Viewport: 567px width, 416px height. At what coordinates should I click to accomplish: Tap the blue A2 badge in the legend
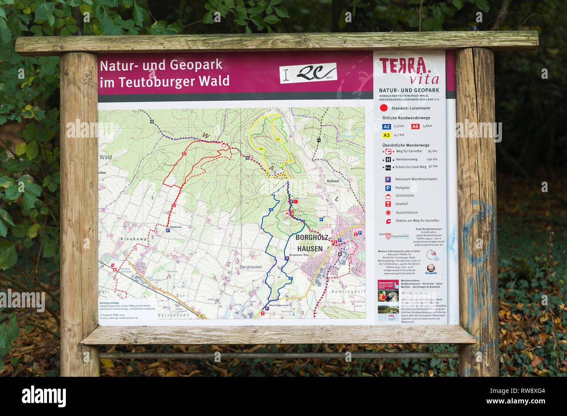pyautogui.click(x=386, y=127)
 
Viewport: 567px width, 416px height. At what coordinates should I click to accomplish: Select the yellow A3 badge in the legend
pyautogui.click(x=386, y=135)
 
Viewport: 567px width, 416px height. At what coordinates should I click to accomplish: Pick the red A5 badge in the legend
pyautogui.click(x=415, y=126)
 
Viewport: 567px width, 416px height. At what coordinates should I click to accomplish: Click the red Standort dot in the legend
pyautogui.click(x=384, y=108)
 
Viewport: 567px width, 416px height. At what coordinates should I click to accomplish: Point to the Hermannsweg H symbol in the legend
pyautogui.click(x=387, y=159)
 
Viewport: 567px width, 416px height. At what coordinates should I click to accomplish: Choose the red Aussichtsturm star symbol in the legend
pyautogui.click(x=388, y=213)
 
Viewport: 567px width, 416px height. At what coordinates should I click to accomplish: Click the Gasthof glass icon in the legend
pyautogui.click(x=388, y=204)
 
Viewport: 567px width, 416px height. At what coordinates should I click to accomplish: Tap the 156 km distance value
pyautogui.click(x=432, y=159)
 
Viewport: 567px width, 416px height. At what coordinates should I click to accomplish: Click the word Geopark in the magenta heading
pyautogui.click(x=196, y=65)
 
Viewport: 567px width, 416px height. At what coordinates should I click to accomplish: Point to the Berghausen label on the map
pyautogui.click(x=251, y=267)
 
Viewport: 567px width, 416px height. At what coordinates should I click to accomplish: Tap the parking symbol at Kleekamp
pyautogui.click(x=167, y=230)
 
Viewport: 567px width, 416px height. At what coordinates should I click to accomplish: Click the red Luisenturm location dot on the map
pyautogui.click(x=296, y=202)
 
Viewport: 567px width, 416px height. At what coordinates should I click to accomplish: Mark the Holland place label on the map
pyautogui.click(x=332, y=181)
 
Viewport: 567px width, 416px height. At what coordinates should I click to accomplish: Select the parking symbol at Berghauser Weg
pyautogui.click(x=287, y=258)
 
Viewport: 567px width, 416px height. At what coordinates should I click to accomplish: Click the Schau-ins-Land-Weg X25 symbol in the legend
pyautogui.click(x=388, y=167)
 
